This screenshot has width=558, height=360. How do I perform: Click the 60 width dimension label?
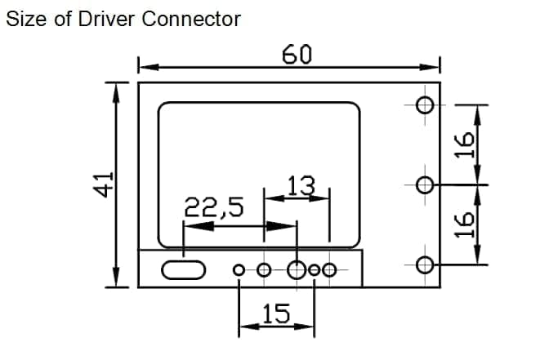(x=297, y=54)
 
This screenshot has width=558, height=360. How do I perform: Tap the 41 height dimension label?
(x=104, y=184)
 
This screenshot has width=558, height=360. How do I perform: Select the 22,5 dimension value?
(x=214, y=207)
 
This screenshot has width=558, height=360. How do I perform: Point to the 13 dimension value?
(x=301, y=185)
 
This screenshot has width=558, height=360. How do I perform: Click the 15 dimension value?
(x=276, y=313)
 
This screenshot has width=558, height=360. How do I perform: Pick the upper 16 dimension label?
(x=464, y=144)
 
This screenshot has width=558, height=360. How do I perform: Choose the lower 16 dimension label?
(x=464, y=224)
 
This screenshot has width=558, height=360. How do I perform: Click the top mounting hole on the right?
(x=425, y=105)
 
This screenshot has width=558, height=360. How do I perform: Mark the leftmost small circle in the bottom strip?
(x=239, y=265)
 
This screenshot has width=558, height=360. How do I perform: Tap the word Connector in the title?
(x=191, y=19)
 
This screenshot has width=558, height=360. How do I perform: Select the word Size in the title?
(x=26, y=19)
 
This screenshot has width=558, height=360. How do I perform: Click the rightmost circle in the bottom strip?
(x=329, y=264)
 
